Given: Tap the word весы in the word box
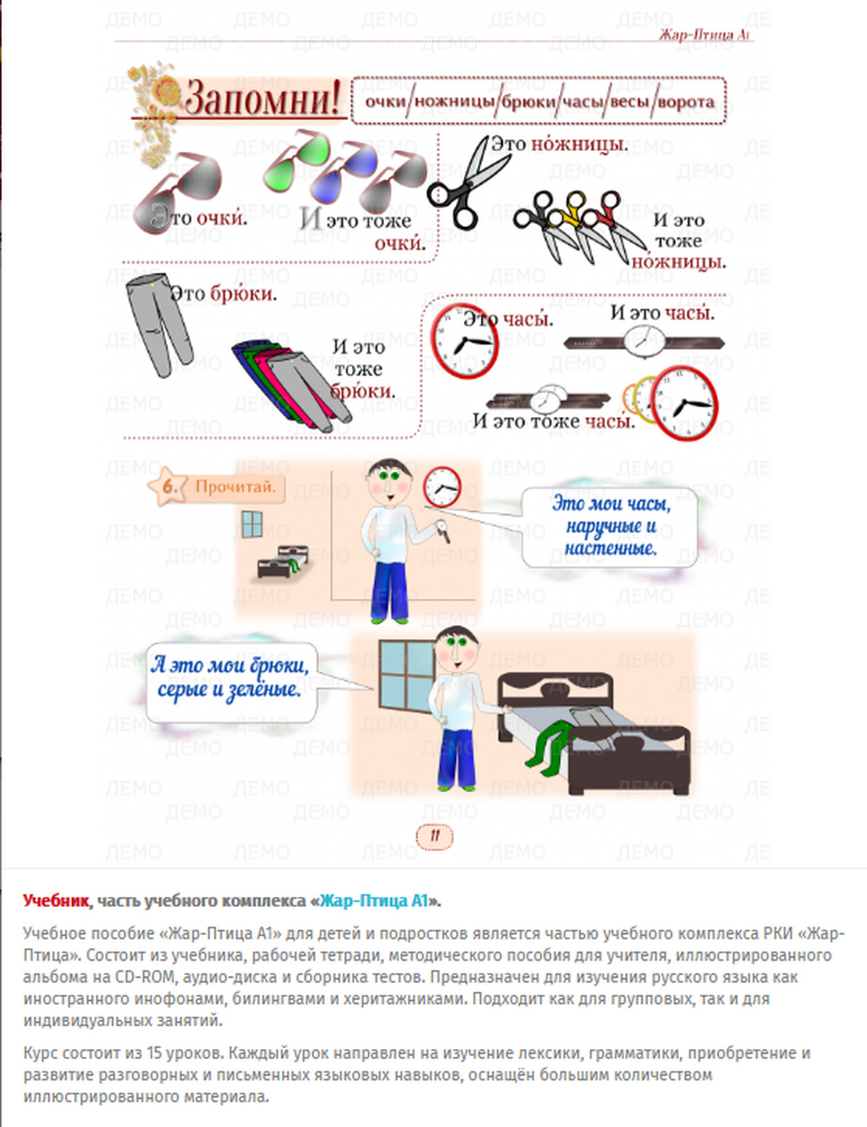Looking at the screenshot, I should pyautogui.click(x=629, y=101).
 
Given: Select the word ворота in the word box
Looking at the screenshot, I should pyautogui.click(x=686, y=101).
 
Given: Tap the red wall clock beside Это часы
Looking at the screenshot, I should pyautogui.click(x=465, y=341).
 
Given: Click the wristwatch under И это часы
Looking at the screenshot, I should pyautogui.click(x=645, y=342).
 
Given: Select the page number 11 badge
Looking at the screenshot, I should pyautogui.click(x=434, y=836).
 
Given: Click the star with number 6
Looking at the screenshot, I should pyautogui.click(x=168, y=486).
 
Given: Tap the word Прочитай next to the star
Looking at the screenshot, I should pyautogui.click(x=235, y=486).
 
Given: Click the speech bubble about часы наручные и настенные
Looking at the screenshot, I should pyautogui.click(x=610, y=526).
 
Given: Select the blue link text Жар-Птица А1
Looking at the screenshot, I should pyautogui.click(x=374, y=901).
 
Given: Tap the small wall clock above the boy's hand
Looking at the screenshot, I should pyautogui.click(x=443, y=487).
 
